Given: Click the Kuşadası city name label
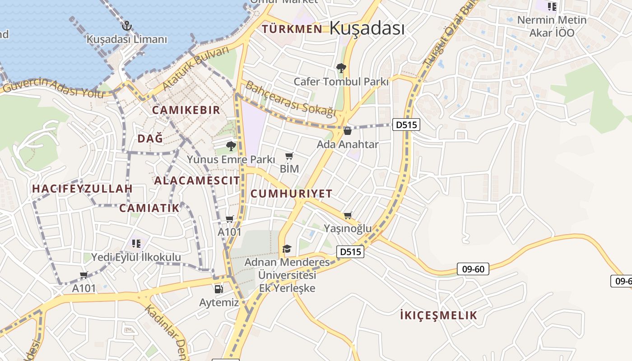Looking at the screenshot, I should [367, 28].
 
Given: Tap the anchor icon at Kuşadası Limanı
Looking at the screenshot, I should [126, 26].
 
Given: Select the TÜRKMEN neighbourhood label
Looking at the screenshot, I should [292, 29].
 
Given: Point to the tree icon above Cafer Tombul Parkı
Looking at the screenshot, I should [341, 68].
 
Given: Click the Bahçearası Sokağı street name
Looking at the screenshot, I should [291, 99].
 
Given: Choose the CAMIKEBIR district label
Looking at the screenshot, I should [186, 110].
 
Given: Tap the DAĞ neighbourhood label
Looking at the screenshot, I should [150, 139].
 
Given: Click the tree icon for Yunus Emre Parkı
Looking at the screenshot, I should [231, 146].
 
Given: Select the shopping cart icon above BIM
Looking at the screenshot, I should [289, 156].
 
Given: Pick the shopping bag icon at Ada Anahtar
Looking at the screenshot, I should [348, 131].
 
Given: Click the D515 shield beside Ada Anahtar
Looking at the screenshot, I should [406, 125].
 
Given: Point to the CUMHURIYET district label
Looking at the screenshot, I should [291, 194].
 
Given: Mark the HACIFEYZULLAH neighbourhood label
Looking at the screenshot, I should [82, 189].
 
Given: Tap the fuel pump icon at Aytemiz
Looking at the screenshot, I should [219, 289].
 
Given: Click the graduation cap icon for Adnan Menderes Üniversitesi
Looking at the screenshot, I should [287, 249].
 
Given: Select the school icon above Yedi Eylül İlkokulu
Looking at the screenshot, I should [136, 244].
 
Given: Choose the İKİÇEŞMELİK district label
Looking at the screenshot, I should [438, 315].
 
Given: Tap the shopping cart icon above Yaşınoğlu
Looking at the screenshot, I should [348, 216].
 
